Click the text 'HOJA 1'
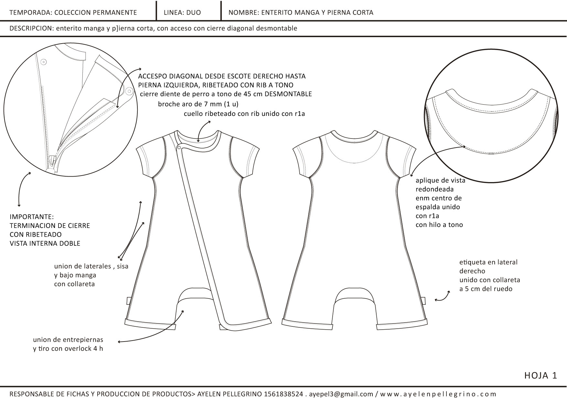pos(541,375)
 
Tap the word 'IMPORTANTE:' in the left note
pos(32,217)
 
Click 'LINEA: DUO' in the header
pos(182,13)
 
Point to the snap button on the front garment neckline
pos(179,148)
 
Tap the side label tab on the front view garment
pos(129,301)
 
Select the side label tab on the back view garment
pos(424,301)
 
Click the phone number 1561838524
pos(283,394)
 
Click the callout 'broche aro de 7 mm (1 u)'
pos(198,104)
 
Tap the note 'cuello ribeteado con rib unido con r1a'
pos(244,114)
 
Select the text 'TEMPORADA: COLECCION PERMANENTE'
pos(73,13)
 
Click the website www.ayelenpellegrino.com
pos(438,394)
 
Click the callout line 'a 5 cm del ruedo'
pos(486,289)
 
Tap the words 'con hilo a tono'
pos(439,225)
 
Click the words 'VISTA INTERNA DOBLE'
pos(45,243)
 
